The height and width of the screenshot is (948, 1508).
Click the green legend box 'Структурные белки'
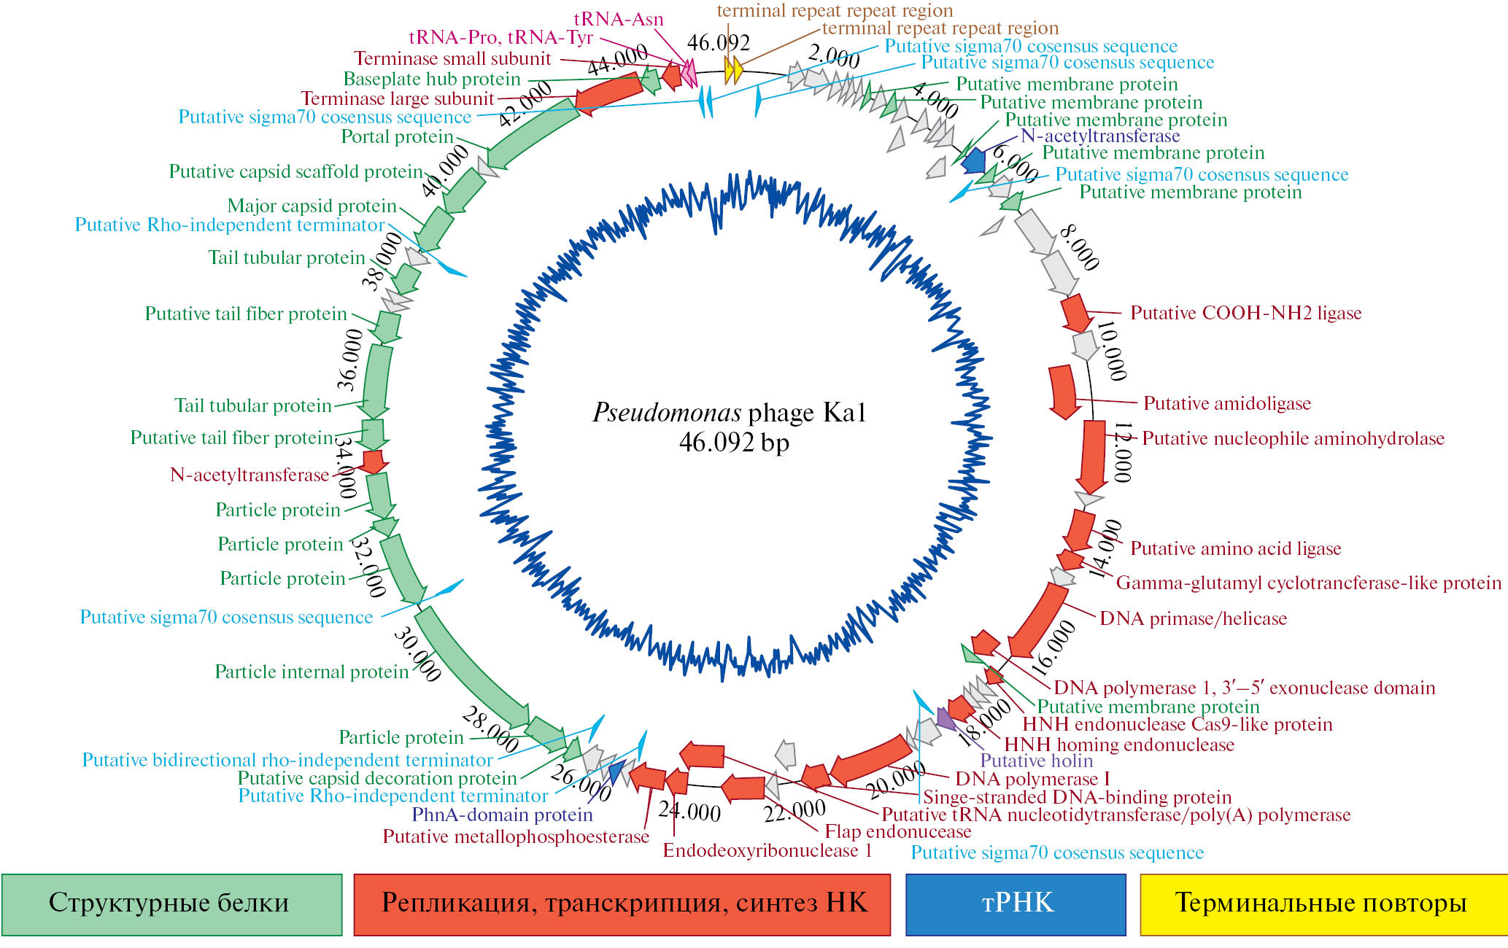171,904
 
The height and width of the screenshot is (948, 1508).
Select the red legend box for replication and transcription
622,904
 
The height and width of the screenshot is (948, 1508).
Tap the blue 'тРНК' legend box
1016,904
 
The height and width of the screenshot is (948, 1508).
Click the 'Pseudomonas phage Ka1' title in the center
729,413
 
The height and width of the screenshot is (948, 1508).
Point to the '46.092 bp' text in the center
733,443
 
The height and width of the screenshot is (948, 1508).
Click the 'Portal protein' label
398,137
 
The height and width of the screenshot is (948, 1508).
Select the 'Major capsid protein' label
312,206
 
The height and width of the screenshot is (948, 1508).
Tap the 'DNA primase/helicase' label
1193,619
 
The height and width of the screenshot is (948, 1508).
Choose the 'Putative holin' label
1037,761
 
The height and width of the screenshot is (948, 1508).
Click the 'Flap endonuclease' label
898,832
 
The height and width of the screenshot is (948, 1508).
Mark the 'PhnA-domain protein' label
503,815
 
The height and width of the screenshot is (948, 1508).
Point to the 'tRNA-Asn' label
619,20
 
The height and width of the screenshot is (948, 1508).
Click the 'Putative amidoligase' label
1227,404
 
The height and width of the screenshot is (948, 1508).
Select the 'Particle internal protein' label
312,672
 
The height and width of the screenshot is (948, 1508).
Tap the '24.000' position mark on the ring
689,812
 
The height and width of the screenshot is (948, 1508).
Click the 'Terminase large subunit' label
398,99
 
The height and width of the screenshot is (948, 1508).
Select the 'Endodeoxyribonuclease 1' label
767,851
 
